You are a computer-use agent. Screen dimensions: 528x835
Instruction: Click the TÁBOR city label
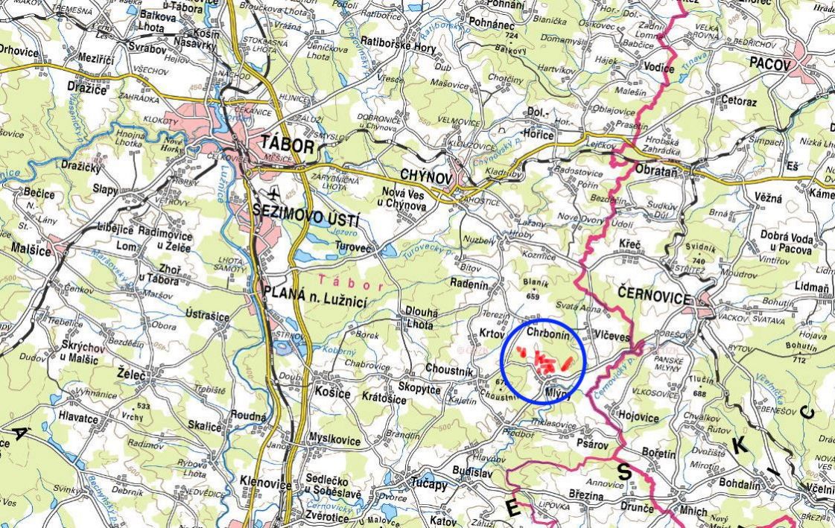point(288,145)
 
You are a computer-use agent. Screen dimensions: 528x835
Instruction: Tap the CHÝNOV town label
point(426,175)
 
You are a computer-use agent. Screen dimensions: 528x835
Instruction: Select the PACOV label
point(769,64)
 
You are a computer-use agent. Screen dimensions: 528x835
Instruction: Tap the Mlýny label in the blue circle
point(558,395)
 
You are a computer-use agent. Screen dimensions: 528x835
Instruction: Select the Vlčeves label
point(612,337)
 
